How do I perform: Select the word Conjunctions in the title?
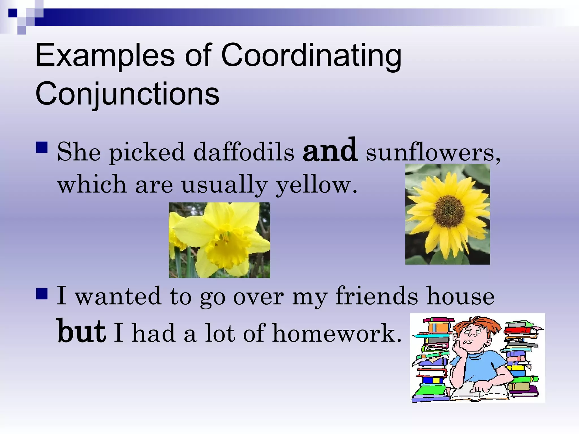pyautogui.click(x=127, y=93)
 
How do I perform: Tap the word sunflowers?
pyautogui.click(x=433, y=153)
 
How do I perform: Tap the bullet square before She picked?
pyautogui.click(x=42, y=147)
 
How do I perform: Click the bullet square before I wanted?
pyautogui.click(x=42, y=293)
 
